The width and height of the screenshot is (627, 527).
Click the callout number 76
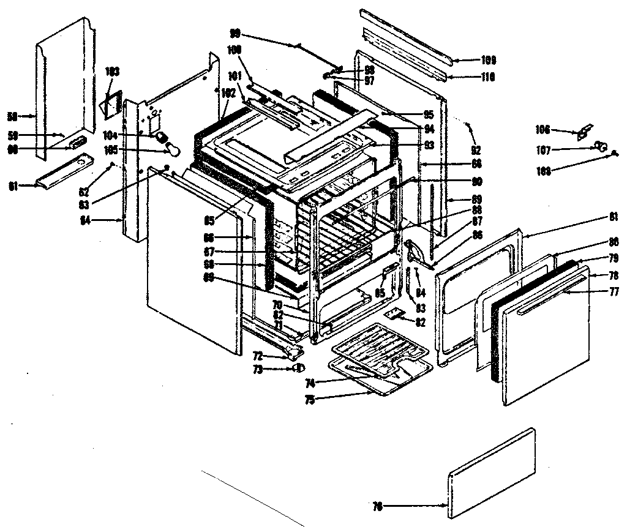tap(377, 506)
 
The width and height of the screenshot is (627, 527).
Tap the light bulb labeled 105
tap(172, 149)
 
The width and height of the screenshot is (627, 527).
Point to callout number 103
tap(111, 71)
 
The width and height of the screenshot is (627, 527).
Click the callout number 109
tap(487, 60)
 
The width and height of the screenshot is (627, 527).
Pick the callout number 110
tap(487, 77)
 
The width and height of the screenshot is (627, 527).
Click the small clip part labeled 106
tap(585, 130)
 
